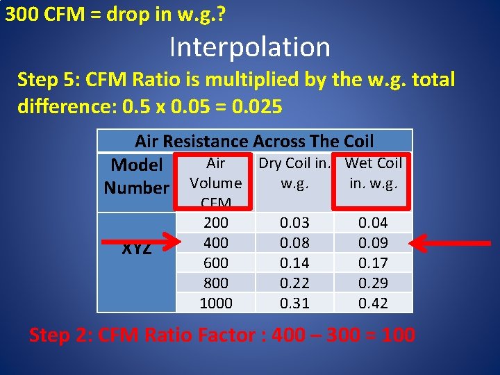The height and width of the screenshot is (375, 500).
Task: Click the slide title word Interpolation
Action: pyautogui.click(x=249, y=47)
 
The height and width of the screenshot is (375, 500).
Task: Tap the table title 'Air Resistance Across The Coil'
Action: pyautogui.click(x=254, y=141)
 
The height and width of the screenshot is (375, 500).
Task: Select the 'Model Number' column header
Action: pyautogui.click(x=136, y=176)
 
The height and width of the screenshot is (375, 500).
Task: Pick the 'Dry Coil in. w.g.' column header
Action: pyautogui.click(x=294, y=173)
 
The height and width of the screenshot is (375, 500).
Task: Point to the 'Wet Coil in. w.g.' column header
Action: pyautogui.click(x=374, y=173)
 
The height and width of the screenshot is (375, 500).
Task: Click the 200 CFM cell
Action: pyautogui.click(x=215, y=223)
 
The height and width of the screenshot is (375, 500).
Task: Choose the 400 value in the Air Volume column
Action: pyautogui.click(x=215, y=243)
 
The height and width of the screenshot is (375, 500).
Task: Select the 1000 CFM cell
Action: pyautogui.click(x=215, y=303)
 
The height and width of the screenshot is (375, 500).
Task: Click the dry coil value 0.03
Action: pyautogui.click(x=294, y=223)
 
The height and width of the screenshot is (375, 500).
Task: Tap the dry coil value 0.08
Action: pyautogui.click(x=294, y=243)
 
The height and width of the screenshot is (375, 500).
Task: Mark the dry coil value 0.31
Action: pyautogui.click(x=294, y=303)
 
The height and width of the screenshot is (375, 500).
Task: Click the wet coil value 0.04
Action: pyautogui.click(x=374, y=223)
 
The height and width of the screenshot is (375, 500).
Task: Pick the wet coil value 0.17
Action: pyautogui.click(x=374, y=263)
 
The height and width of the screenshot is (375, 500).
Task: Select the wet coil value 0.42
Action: pyautogui.click(x=374, y=303)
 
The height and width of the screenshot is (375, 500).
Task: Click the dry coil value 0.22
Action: pyautogui.click(x=294, y=283)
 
